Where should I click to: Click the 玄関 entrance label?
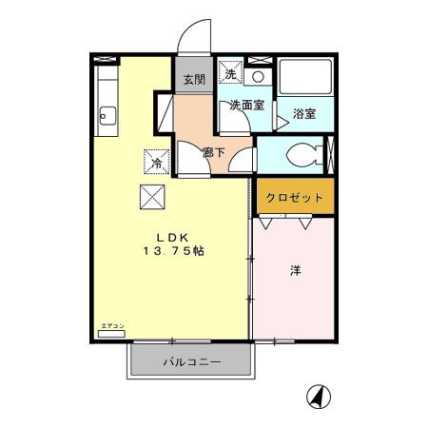tap(194, 80)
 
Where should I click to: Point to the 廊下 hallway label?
tap(213, 151)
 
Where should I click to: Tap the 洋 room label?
tap(295, 272)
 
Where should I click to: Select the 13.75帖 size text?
tap(173, 251)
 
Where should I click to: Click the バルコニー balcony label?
tap(191, 362)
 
